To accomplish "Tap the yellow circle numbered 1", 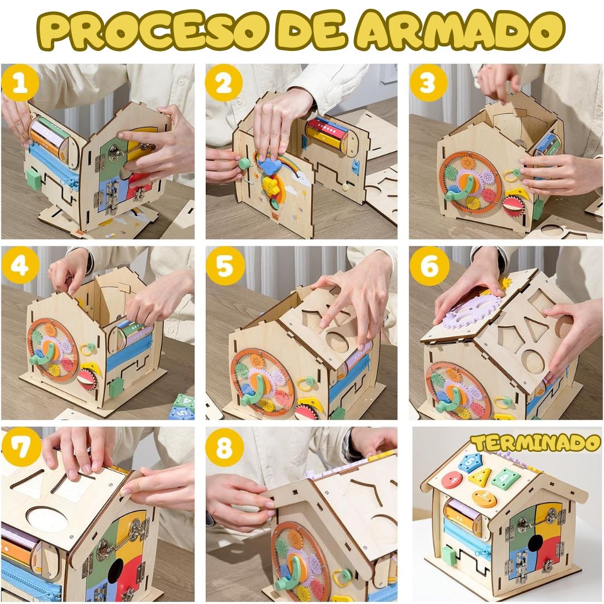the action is tap(20, 83).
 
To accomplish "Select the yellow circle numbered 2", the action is tap(224, 83).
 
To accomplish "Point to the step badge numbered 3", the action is tap(428, 83).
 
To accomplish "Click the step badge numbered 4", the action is tap(20, 266).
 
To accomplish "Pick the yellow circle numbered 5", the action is tap(225, 266).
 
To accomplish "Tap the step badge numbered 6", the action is tap(429, 266).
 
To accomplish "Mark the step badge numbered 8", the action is tap(225, 446).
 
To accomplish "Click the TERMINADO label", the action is tap(536, 443).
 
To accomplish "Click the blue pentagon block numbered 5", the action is tap(470, 462).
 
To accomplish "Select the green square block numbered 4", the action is tap(506, 478).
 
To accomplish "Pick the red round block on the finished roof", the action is tap(452, 480).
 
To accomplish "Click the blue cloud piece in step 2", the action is tap(268, 164).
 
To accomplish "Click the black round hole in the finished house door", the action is tap(535, 544).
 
